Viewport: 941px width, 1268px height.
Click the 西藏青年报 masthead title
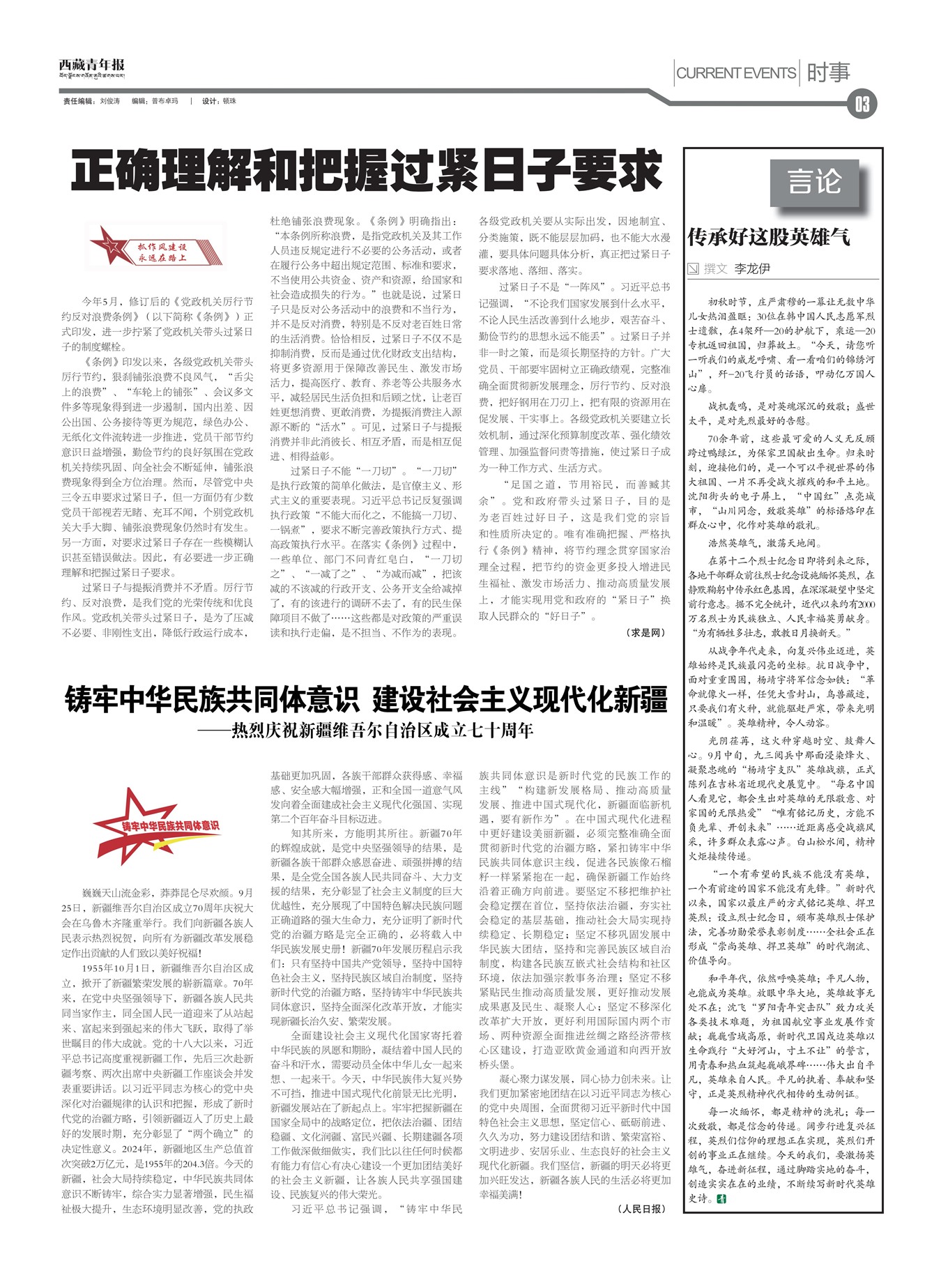[x=91, y=65]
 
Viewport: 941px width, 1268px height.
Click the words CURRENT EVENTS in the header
[x=736, y=72]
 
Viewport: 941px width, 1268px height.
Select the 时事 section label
[x=828, y=72]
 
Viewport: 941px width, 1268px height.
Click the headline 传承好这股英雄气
[x=768, y=237]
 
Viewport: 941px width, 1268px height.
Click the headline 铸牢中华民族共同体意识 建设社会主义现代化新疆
[x=366, y=699]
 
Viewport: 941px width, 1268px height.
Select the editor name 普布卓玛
[x=165, y=101]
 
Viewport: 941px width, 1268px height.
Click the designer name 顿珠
[x=229, y=101]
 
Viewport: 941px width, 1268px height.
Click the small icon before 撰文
[x=694, y=268]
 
